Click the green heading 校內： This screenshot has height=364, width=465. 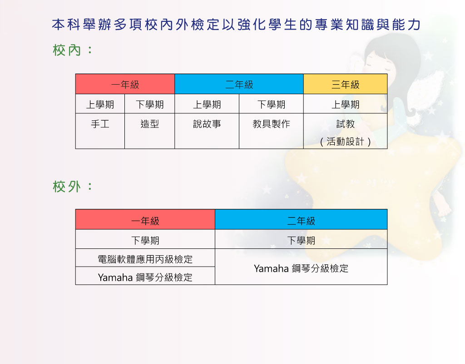tap(73, 50)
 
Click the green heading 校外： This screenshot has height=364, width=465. tap(73, 187)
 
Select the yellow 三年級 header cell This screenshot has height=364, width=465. tap(346, 84)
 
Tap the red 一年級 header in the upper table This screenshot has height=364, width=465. tap(125, 84)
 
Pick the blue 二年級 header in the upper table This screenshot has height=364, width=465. tap(239, 84)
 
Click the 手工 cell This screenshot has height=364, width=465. tap(100, 131)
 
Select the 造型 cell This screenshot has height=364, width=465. tap(150, 131)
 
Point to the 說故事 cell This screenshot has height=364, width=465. tap(207, 131)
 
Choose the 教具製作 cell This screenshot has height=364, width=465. tap(272, 131)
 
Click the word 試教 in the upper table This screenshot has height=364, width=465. tap(346, 124)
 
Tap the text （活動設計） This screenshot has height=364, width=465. tap(346, 142)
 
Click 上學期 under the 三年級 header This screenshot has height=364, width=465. tap(346, 104)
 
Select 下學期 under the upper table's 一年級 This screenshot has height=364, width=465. tap(150, 104)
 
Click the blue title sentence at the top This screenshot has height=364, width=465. tap(236, 25)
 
